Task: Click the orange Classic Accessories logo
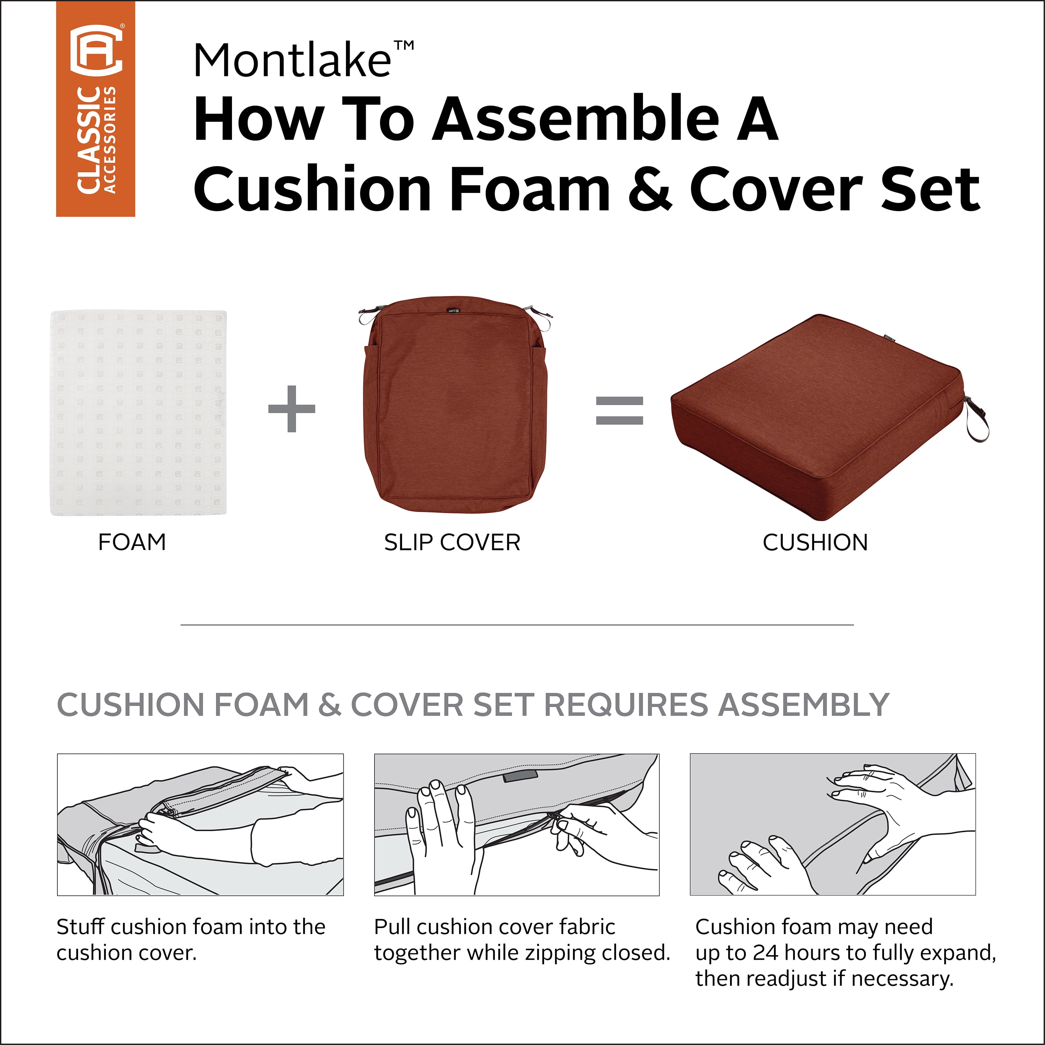coord(96,109)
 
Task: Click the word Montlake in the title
coord(292,61)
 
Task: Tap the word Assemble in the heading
coord(575,119)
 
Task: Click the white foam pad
coord(139,413)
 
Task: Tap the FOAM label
coord(132,542)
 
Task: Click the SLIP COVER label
coord(452,542)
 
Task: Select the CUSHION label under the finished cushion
coord(815,542)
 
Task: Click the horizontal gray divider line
coord(517,625)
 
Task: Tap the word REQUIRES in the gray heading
coord(626,705)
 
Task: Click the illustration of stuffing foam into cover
coord(200,824)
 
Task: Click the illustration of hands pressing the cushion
coord(833,824)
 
